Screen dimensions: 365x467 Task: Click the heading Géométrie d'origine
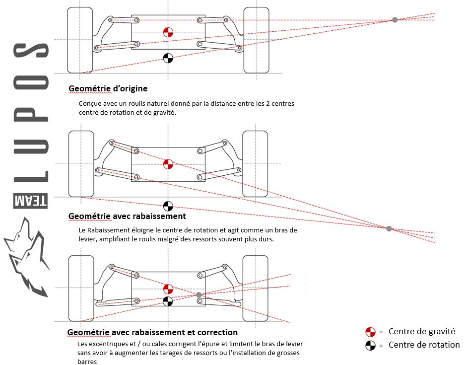click(108, 88)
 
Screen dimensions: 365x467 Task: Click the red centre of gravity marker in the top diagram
click(168, 33)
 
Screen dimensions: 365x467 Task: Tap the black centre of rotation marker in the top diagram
click(168, 58)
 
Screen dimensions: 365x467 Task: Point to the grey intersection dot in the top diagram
click(395, 20)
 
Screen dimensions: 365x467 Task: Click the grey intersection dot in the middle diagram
click(389, 228)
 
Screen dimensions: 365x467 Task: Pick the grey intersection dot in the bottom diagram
click(199, 295)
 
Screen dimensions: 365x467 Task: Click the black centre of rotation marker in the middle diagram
click(168, 206)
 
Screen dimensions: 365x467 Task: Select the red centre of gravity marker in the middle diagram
click(168, 163)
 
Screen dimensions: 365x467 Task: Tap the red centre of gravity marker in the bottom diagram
click(168, 289)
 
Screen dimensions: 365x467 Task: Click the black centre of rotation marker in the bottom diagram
click(168, 301)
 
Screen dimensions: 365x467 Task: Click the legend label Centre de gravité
click(421, 332)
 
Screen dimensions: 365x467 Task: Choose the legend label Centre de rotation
click(424, 345)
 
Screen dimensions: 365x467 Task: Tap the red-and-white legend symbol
click(370, 332)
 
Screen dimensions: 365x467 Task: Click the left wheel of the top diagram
click(80, 39)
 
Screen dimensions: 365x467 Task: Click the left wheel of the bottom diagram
click(80, 288)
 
